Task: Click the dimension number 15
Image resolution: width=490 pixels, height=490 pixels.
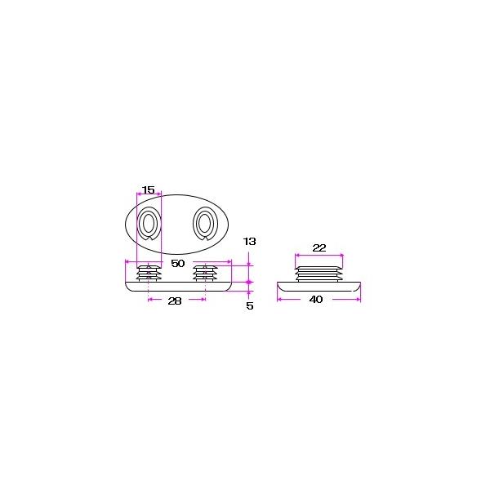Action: click(149, 189)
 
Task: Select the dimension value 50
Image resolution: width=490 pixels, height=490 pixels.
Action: click(178, 264)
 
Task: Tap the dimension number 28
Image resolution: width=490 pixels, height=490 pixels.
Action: click(175, 301)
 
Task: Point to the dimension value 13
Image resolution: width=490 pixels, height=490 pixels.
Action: click(249, 241)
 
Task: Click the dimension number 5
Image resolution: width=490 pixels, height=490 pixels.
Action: click(249, 305)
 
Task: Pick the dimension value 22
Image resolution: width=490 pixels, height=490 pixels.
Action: click(319, 247)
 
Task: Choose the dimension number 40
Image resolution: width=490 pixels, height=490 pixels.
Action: click(316, 300)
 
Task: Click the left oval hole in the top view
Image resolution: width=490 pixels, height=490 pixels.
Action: click(149, 223)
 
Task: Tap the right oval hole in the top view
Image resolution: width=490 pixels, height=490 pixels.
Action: click(205, 223)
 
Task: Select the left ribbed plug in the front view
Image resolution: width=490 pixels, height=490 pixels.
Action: click(149, 273)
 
